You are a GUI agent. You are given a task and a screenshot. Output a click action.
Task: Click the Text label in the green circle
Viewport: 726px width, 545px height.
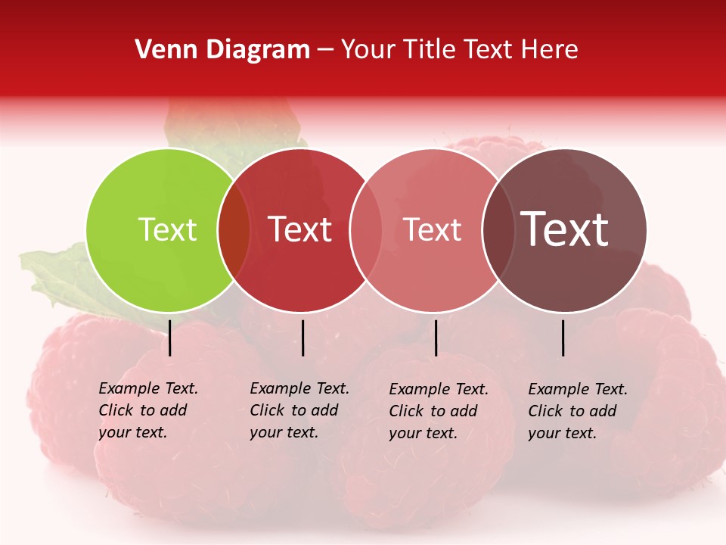(167, 229)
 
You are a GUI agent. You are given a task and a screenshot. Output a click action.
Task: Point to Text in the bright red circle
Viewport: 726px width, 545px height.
(300, 229)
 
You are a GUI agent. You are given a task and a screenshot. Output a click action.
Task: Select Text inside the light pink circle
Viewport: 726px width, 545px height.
(432, 229)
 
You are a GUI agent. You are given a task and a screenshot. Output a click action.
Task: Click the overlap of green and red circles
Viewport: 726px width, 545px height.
(234, 230)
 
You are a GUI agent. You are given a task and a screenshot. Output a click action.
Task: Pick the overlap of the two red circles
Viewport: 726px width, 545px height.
(366, 230)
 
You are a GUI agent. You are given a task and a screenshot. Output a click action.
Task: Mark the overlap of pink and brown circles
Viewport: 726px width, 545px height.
(498, 230)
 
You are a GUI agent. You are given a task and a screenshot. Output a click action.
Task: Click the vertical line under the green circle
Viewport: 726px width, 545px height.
(170, 338)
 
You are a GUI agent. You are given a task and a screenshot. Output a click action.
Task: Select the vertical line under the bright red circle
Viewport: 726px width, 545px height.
(302, 338)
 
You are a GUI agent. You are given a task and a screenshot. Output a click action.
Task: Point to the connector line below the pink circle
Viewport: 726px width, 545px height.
(436, 338)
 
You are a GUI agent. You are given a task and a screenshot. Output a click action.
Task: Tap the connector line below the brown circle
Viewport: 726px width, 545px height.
(563, 338)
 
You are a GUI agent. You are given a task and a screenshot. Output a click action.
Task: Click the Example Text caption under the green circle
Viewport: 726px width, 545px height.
(147, 410)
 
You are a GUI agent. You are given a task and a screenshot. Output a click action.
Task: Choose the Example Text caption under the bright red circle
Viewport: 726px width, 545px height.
(299, 410)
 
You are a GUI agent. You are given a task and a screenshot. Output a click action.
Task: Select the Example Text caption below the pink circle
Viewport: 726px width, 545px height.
(438, 411)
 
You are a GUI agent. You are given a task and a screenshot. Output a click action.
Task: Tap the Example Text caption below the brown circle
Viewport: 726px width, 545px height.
(577, 411)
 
